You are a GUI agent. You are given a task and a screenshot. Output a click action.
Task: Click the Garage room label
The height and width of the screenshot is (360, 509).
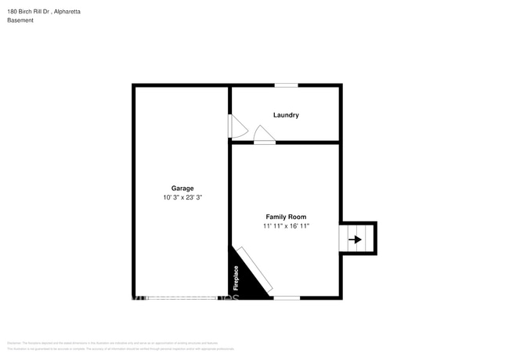pyautogui.click(x=182, y=188)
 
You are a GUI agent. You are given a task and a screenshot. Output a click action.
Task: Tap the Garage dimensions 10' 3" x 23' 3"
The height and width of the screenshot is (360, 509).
pyautogui.click(x=182, y=198)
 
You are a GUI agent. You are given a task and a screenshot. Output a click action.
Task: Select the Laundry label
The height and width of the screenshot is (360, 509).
pyautogui.click(x=286, y=115)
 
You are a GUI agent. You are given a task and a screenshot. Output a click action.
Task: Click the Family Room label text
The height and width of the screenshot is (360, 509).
pyautogui.click(x=286, y=217)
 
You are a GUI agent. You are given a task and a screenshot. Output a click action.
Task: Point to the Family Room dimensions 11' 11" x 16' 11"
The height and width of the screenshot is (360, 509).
pyautogui.click(x=286, y=226)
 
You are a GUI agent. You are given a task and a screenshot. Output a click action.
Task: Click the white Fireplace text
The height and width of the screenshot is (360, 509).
pyautogui.click(x=236, y=278)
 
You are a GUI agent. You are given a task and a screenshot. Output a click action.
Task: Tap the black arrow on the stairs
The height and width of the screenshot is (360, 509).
pyautogui.click(x=356, y=239)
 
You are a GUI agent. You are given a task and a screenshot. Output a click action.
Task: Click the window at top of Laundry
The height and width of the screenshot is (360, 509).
pyautogui.click(x=286, y=85)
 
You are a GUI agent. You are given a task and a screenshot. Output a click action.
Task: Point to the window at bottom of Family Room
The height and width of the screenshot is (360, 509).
pyautogui.click(x=286, y=297)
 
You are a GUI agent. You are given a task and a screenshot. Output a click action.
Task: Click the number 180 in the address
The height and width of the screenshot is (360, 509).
pyautogui.click(x=13, y=12)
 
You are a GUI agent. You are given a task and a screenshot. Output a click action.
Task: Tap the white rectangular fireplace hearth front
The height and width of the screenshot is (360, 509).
pyautogui.click(x=255, y=271)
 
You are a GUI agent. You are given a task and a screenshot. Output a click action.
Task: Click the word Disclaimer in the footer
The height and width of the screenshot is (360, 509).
pyautogui.click(x=14, y=343)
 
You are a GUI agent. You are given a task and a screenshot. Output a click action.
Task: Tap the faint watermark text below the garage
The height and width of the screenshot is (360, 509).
pyautogui.click(x=180, y=298)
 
